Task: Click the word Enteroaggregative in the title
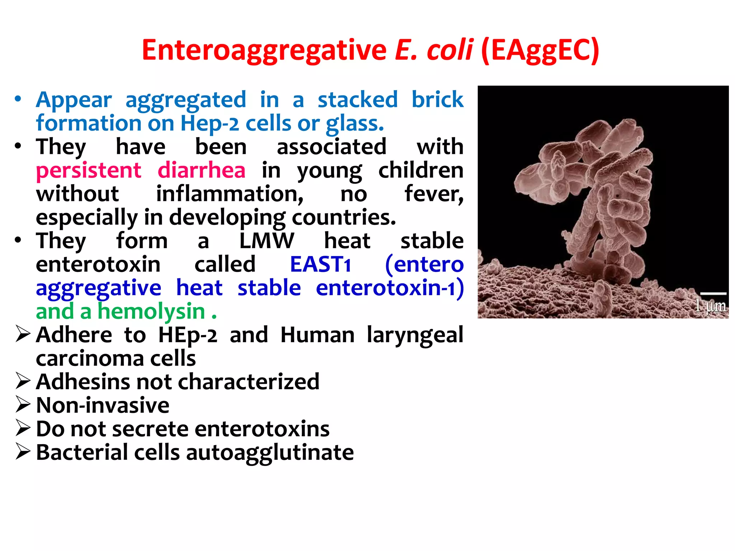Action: [264, 51]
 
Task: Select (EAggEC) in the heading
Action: [540, 51]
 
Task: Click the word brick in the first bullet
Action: [437, 99]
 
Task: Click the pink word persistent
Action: [89, 170]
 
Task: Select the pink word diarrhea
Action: [201, 170]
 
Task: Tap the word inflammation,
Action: [230, 194]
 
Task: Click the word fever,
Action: [434, 194]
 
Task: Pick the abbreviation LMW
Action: [266, 241]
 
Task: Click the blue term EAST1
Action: [320, 264]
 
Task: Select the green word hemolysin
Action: [151, 311]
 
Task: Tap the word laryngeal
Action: [415, 335]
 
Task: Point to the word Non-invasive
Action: [103, 405]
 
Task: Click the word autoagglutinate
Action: [270, 452]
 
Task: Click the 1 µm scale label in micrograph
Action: [710, 306]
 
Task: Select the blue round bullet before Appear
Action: [18, 99]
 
